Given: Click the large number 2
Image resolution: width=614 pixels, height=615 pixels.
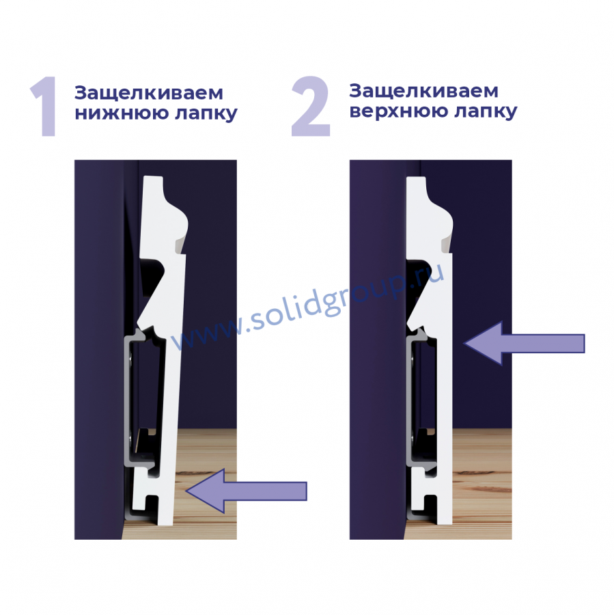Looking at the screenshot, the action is pyautogui.click(x=311, y=106).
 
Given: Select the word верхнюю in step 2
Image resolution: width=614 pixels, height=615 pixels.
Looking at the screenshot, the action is pyautogui.click(x=398, y=111).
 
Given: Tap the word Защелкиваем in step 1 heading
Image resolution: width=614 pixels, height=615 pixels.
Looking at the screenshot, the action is pyautogui.click(x=149, y=94).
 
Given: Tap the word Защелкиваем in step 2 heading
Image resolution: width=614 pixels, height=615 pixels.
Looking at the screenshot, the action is pyautogui.click(x=424, y=92).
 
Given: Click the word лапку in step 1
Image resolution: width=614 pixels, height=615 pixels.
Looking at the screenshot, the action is pyautogui.click(x=206, y=114).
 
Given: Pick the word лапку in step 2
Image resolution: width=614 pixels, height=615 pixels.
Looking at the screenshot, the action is pyautogui.click(x=486, y=112).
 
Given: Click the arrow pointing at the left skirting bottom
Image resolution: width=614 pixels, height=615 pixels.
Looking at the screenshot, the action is pyautogui.click(x=247, y=491).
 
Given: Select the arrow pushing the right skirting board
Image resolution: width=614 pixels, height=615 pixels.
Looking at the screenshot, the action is pyautogui.click(x=525, y=343).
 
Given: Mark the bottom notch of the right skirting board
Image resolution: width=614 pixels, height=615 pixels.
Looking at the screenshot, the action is pyautogui.click(x=430, y=503).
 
